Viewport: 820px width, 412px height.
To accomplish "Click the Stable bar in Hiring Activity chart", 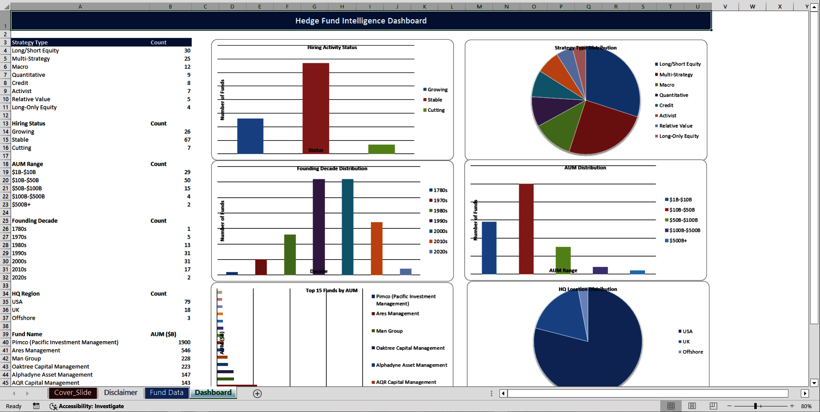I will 316,107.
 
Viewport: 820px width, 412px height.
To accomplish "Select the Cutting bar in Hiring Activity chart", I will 381,149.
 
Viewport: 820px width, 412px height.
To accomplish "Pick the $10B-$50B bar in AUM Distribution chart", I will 526,228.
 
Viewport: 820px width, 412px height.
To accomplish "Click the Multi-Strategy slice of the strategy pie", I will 602,128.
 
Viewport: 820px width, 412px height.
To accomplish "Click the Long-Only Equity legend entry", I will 679,136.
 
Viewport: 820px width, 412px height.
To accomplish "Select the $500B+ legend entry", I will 678,241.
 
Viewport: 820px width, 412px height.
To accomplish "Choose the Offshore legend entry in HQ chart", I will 692,352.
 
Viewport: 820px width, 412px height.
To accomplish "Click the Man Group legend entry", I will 389,331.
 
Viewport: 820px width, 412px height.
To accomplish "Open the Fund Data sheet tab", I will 167,393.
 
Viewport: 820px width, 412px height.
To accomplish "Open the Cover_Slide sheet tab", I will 73,393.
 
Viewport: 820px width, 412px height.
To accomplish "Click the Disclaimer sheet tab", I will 121,393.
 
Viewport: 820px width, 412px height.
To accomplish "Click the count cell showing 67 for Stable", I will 187,140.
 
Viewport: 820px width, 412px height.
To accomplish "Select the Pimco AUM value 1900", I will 184,342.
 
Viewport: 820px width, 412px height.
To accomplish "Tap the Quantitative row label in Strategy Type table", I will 29,75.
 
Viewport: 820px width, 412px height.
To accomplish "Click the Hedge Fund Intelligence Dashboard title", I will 361,21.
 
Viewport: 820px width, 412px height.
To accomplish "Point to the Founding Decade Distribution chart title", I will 332,169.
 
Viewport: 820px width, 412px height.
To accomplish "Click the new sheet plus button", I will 257,394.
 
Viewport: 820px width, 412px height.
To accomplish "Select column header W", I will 752,6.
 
